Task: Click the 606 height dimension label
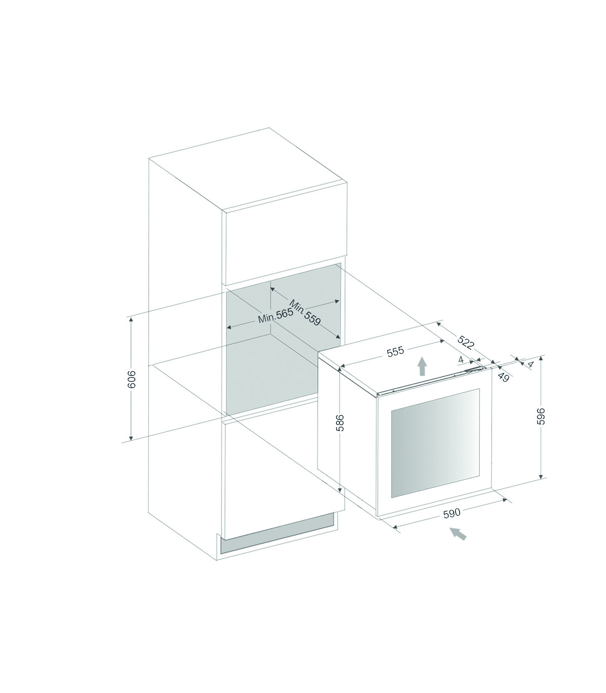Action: pyautogui.click(x=132, y=379)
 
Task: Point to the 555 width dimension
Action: pyautogui.click(x=395, y=351)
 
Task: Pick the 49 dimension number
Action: pyautogui.click(x=504, y=377)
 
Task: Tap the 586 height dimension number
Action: pyautogui.click(x=340, y=422)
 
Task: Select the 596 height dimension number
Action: pyautogui.click(x=540, y=416)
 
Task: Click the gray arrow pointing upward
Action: pyautogui.click(x=422, y=366)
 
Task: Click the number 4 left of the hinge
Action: pyautogui.click(x=461, y=360)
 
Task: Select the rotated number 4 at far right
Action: pyautogui.click(x=531, y=365)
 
